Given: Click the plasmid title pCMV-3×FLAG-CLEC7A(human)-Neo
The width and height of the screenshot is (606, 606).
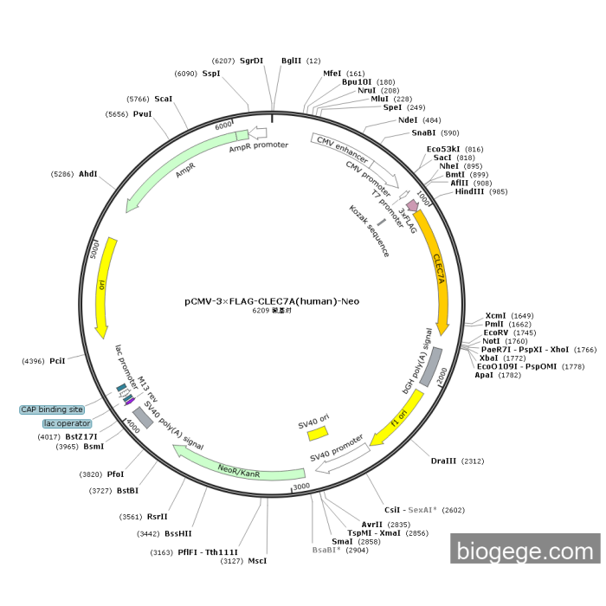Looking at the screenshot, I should [272, 301].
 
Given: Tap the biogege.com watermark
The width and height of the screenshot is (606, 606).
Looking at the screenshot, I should [525, 549].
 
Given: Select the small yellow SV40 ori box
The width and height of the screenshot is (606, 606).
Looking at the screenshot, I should [318, 432].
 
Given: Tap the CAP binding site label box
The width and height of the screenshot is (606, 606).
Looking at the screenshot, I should [52, 409].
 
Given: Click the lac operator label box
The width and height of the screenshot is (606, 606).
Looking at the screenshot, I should [67, 423].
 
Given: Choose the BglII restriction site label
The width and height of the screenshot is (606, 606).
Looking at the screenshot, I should [292, 61].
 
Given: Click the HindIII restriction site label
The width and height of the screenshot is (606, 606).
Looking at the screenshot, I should [468, 191].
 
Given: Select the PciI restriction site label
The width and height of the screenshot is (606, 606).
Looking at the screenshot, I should [57, 360].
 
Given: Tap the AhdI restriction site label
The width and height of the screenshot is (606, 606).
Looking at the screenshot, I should [88, 174].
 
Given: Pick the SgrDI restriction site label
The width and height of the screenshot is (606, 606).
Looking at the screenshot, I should [251, 61].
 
